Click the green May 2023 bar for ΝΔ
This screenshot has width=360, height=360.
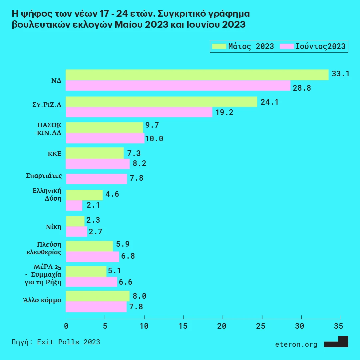click(197, 75)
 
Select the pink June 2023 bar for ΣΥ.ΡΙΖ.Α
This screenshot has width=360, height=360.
click(139, 112)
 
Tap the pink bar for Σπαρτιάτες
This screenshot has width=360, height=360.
click(96, 179)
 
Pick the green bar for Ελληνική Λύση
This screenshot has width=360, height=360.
click(84, 195)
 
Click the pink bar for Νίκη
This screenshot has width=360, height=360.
click(76, 231)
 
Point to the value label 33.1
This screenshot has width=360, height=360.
click(340, 74)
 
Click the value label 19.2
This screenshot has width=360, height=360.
click(224, 112)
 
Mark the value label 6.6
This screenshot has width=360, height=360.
click(126, 282)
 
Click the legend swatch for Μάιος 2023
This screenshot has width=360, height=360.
click(218, 46)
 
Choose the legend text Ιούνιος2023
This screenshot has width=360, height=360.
click(320, 46)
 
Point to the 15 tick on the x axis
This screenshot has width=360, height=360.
click(183, 326)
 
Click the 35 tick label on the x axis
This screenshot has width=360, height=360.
click(338, 326)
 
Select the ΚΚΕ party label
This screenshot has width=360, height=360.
click(54, 154)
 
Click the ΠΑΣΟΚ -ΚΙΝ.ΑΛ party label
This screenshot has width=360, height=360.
click(49, 128)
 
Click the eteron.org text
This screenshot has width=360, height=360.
click(296, 344)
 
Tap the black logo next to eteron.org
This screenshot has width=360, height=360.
click(336, 342)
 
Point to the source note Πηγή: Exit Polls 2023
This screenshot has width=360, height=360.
click(56, 342)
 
